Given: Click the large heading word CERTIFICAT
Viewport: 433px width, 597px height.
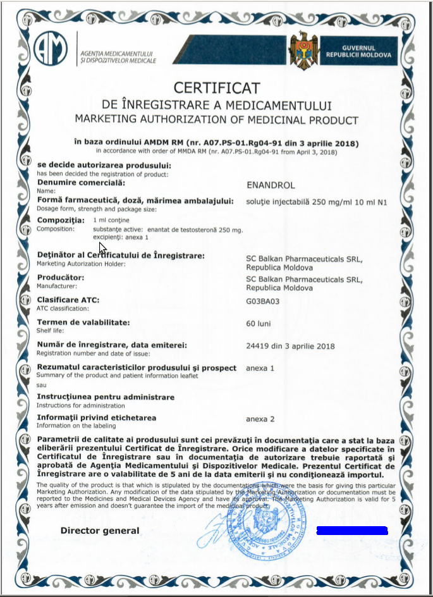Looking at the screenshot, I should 217,87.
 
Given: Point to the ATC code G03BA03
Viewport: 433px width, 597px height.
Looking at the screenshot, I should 262,301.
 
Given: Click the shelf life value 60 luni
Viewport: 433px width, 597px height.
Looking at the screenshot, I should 259,323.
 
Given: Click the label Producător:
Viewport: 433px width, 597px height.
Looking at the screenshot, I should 61,277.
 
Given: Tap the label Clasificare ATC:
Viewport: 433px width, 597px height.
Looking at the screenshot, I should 68,300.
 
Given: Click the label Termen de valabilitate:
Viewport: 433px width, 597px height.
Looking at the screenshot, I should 83,323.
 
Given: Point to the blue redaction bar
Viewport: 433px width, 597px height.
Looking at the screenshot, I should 352,531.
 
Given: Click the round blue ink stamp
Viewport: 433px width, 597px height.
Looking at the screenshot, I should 259,522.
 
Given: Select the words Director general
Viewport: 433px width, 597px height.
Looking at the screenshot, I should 100,531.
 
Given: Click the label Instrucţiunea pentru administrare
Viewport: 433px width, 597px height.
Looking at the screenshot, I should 106,397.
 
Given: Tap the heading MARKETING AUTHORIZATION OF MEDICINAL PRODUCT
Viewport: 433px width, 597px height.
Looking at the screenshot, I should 216,120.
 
